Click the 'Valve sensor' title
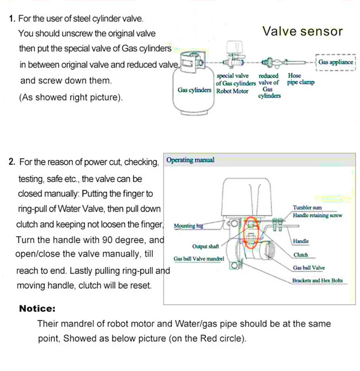tap(302, 32)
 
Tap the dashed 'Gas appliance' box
tap(335, 62)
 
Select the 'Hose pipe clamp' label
tap(301, 79)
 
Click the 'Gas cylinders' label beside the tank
tap(194, 90)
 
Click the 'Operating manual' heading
tap(190, 160)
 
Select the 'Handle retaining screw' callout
tap(317, 215)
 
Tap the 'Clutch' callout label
tap(300, 255)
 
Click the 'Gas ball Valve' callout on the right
tap(309, 268)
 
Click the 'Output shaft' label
tap(205, 246)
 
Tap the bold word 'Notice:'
tap(37, 308)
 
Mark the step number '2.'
tap(13, 162)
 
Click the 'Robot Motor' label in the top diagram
tap(234, 91)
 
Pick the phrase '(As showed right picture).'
tap(71, 98)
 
